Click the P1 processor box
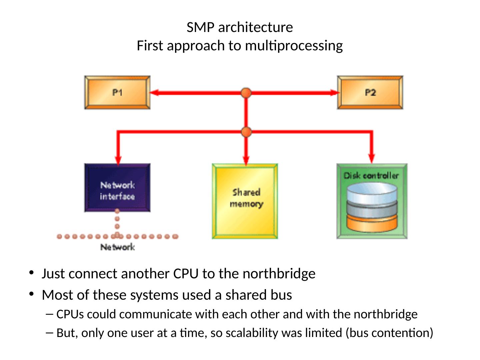coord(117,92)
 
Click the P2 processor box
coord(370,92)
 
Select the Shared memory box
coord(245,201)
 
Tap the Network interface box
coord(117,188)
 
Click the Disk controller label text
coord(371,175)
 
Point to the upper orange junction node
coord(246,93)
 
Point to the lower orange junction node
coord(246,132)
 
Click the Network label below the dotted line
coord(118,247)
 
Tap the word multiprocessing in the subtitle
coord(294,46)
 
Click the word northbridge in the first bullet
coord(279,274)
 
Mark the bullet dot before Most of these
coord(31,294)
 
